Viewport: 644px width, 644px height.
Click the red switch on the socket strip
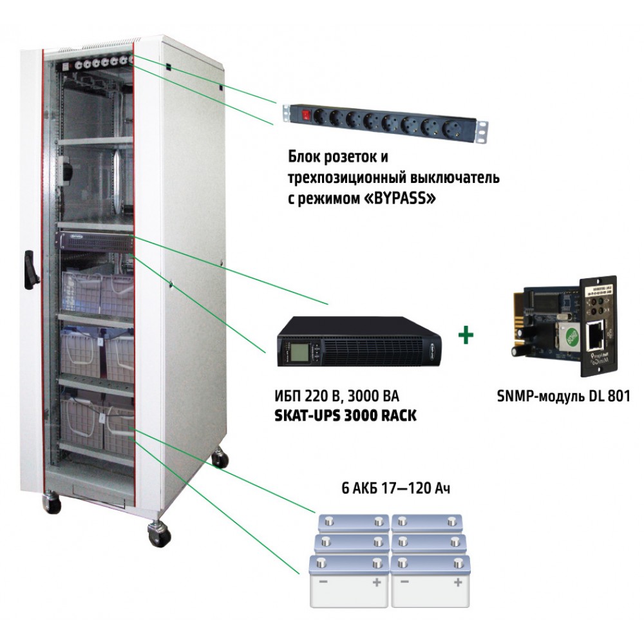coord(305,115)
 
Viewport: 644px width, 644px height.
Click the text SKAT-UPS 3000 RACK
coord(345,415)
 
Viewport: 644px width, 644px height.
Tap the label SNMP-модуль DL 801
coord(563,396)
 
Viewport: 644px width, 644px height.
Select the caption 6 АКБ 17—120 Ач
coord(395,488)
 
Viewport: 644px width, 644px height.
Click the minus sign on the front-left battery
coord(323,582)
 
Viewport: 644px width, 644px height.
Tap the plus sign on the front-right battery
coord(457,582)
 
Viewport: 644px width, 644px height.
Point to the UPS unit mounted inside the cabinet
coord(97,242)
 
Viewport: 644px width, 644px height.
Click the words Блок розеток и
coord(338,157)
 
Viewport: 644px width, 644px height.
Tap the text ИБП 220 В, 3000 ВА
coord(336,396)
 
